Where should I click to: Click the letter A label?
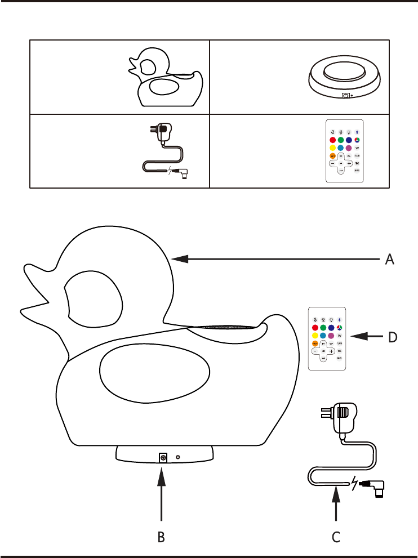[x=389, y=260]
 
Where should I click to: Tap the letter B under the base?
[x=161, y=537]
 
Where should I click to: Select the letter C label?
[x=336, y=537]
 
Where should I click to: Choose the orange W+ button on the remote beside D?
[x=315, y=343]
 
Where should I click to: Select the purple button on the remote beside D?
[x=332, y=336]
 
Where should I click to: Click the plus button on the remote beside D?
[x=332, y=351]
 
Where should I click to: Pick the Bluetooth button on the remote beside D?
[x=340, y=319]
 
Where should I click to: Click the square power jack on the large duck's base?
[x=163, y=458]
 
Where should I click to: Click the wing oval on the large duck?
[x=154, y=373]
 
